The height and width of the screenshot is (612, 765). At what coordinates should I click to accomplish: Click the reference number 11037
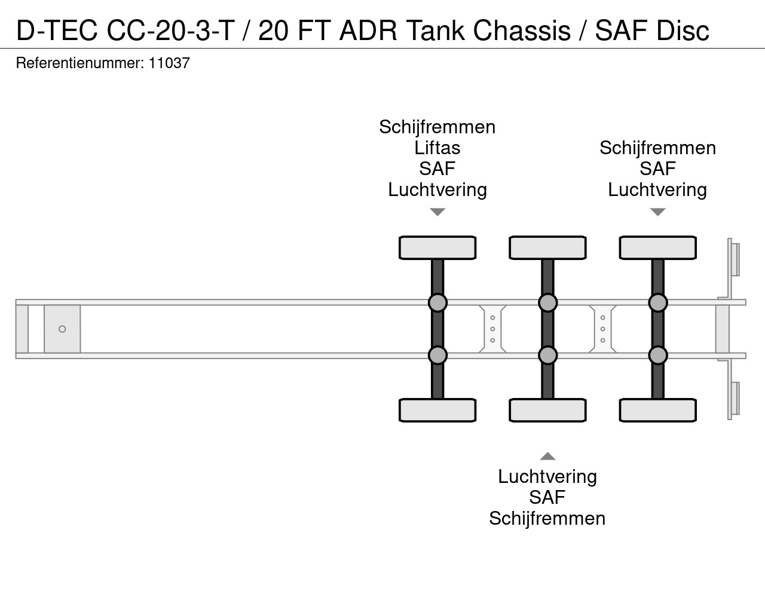(x=169, y=63)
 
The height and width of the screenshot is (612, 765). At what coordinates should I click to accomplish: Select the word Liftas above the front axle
(x=437, y=148)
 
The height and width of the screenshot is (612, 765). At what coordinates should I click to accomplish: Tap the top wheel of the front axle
(x=437, y=247)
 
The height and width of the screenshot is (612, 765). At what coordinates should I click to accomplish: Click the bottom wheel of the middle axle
(x=547, y=410)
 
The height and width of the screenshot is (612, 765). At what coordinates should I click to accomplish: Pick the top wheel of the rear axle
(x=657, y=247)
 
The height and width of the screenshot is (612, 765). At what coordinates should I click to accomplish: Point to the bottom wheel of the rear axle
(x=657, y=410)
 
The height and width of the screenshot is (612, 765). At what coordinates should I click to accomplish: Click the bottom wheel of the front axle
(x=437, y=410)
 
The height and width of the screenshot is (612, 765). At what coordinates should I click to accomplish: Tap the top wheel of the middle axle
(x=547, y=247)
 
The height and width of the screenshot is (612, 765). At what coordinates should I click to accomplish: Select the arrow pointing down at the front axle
(x=437, y=212)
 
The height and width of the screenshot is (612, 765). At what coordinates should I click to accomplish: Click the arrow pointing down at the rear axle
(x=657, y=212)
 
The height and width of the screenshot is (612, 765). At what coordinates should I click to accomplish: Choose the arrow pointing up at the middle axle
(x=547, y=457)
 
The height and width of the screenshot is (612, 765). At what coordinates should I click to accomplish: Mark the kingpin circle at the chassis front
(x=62, y=329)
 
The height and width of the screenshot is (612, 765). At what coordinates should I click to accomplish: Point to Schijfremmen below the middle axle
(x=547, y=518)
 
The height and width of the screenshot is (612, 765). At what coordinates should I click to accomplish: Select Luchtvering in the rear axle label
(x=657, y=190)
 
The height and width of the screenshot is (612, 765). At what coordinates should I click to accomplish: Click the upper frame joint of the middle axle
(x=547, y=302)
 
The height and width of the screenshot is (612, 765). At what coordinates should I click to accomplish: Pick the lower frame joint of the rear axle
(x=657, y=356)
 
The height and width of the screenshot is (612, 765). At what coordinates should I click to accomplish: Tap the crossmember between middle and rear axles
(x=602, y=329)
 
